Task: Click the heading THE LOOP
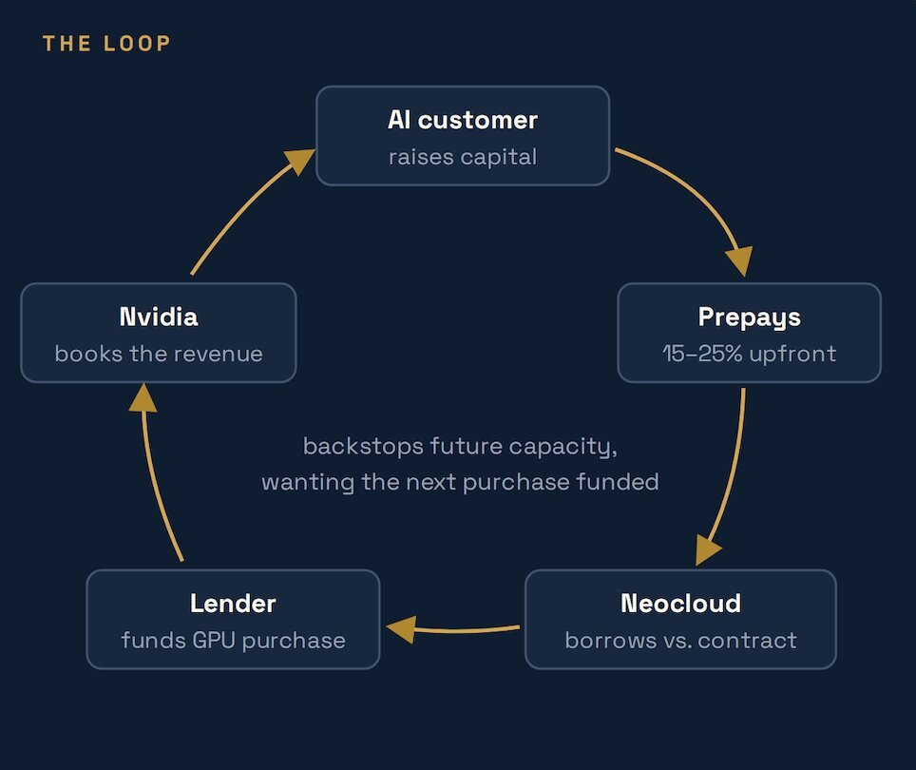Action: [x=106, y=43]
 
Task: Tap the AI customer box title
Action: [x=463, y=120]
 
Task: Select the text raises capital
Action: [x=463, y=157]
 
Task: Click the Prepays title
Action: [x=750, y=318]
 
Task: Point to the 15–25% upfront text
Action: [x=750, y=354]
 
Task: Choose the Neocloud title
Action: [x=680, y=604]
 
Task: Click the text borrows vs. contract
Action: [x=680, y=641]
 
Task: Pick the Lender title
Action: [x=233, y=604]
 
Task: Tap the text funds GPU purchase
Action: [x=233, y=641]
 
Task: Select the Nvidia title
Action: [x=159, y=318]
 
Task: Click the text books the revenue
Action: [x=159, y=354]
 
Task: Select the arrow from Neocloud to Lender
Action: [x=452, y=630]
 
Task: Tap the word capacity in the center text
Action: [x=563, y=448]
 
